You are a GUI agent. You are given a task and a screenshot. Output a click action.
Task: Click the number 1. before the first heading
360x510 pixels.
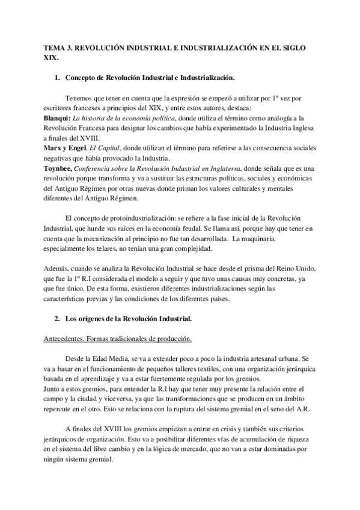tap(58, 78)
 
